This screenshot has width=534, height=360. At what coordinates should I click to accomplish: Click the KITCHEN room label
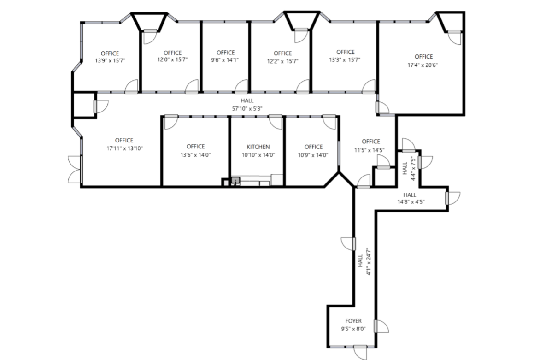(x=258, y=147)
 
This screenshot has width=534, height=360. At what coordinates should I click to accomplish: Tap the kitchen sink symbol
(x=235, y=180)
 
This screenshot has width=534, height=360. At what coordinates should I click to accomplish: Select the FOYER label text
(x=353, y=321)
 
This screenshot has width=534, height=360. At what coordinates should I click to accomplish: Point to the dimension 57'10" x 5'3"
(x=246, y=108)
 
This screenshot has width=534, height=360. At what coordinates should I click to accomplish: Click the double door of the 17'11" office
(x=75, y=170)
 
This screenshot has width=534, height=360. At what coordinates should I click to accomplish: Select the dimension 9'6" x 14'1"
(x=225, y=60)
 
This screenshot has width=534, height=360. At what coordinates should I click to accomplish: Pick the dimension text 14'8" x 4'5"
(x=411, y=201)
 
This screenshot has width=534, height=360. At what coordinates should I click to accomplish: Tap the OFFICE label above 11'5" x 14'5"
(x=370, y=142)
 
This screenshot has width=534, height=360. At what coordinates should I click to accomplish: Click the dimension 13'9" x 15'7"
(x=110, y=60)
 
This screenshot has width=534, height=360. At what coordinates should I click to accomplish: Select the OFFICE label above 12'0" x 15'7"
(x=172, y=53)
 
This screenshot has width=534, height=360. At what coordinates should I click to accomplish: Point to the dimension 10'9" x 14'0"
(x=313, y=155)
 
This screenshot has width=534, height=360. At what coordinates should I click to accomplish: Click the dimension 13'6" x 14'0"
(x=195, y=155)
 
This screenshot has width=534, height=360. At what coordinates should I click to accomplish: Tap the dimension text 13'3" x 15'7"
(x=345, y=59)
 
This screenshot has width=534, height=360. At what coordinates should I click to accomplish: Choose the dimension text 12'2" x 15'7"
(x=282, y=61)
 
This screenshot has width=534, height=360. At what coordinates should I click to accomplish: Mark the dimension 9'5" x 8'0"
(x=353, y=329)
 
